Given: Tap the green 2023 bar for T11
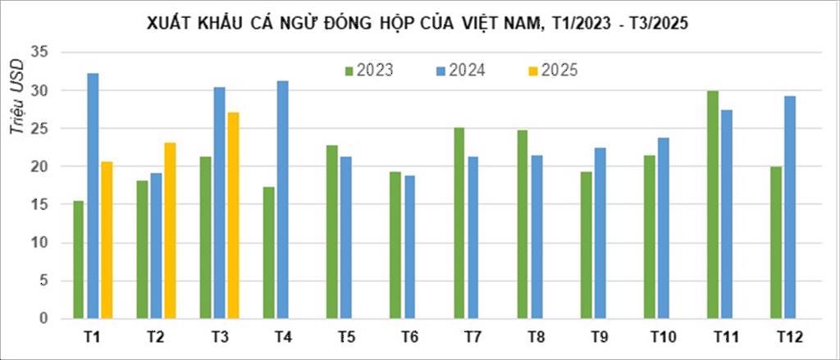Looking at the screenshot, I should click(x=713, y=204).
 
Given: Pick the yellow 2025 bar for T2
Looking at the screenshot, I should click(x=170, y=230).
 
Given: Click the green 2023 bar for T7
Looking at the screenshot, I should click(x=459, y=222).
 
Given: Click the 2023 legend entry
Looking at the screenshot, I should click(x=368, y=71).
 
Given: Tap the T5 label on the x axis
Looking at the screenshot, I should click(x=345, y=337).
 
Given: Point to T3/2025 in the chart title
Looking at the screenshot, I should click(x=657, y=25).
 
